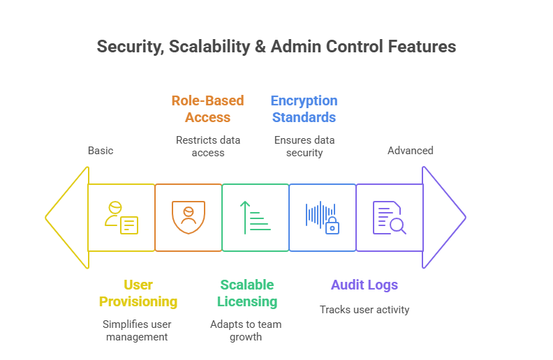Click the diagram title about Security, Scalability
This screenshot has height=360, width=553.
click(276, 47)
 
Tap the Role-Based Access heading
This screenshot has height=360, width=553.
click(208, 109)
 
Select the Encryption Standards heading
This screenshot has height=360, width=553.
click(304, 109)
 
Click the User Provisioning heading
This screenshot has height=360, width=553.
click(138, 293)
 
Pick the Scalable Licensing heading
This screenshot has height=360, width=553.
click(247, 293)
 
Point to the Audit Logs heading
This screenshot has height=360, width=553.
click(364, 285)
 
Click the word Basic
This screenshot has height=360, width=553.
click(101, 151)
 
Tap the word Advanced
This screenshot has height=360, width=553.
click(411, 151)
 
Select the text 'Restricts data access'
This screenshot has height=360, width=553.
click(208, 147)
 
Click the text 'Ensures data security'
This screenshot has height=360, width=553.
click(304, 147)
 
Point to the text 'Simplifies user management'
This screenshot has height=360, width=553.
click(137, 331)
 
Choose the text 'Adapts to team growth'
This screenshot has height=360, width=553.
click(246, 331)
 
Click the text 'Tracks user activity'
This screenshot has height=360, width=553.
click(364, 310)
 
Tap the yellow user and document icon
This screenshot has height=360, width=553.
click(121, 218)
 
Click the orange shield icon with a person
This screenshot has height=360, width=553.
click(189, 217)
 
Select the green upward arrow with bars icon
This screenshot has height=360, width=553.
click(255, 218)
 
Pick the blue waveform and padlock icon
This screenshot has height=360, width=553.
click(322, 218)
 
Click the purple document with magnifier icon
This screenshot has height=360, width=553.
click(389, 218)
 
